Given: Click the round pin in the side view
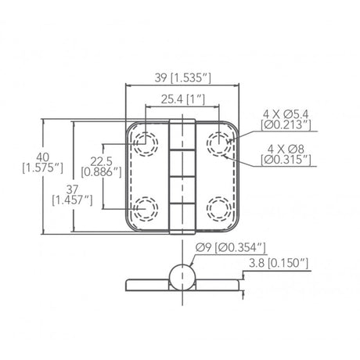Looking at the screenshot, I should (182, 277).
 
